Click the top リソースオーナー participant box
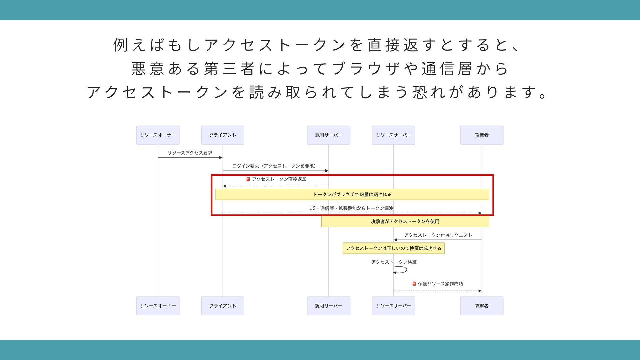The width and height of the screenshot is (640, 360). point(158,135)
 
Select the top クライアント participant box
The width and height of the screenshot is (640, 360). point(223,135)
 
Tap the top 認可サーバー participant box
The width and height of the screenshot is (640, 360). point(328,135)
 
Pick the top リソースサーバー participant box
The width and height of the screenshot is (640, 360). point(393,135)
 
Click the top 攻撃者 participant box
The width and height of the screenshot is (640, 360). point(482,135)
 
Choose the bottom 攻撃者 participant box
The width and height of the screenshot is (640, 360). point(482,306)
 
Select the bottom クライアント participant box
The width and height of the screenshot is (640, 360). point(223,306)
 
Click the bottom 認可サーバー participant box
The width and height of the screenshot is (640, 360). point(328,306)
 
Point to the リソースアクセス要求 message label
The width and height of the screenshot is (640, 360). point(190,153)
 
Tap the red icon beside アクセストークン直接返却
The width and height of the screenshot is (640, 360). point(248,179)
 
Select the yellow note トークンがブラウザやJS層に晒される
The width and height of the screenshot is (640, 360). point(352,194)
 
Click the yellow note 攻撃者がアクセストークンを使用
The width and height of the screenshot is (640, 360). point(405,221)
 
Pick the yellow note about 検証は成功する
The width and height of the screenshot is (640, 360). point(393,248)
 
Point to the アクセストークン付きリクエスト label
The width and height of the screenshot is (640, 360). point(438,235)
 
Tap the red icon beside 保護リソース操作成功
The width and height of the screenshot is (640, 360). point(414,284)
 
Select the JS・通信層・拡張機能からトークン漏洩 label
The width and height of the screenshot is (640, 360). point(352,208)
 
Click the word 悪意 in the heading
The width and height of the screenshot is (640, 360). point(147,69)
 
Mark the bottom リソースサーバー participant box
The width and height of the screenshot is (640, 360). point(393,306)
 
